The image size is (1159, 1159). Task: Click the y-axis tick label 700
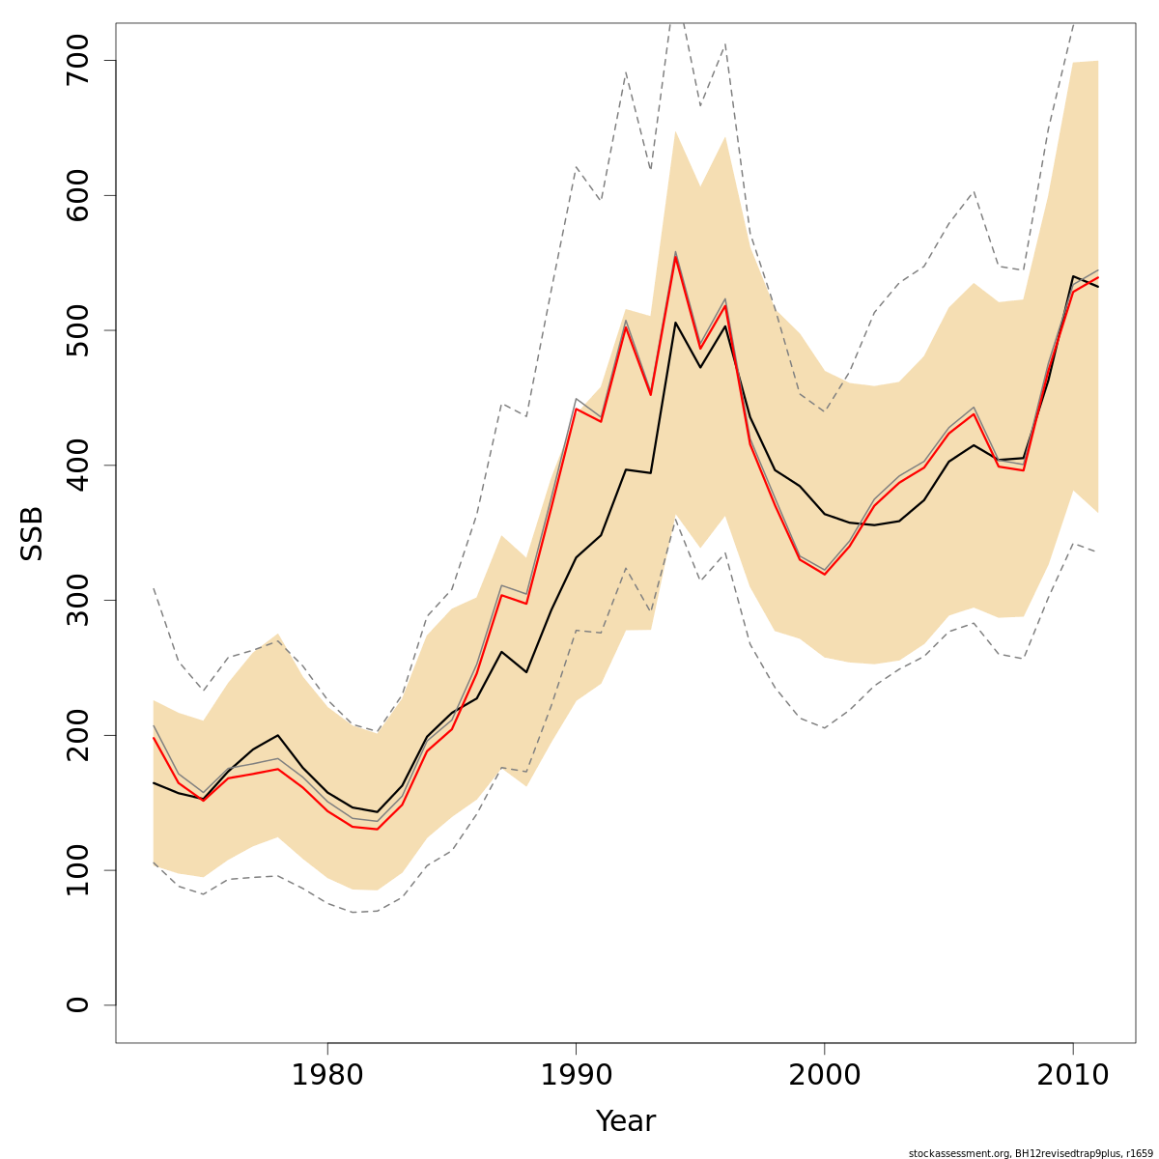tap(76, 60)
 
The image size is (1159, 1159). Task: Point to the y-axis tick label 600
tap(76, 195)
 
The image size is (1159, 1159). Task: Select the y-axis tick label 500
tap(76, 330)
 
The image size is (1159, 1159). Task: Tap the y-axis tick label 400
tap(76, 465)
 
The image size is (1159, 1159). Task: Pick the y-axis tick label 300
tap(76, 600)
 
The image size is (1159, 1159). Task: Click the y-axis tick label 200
tap(76, 735)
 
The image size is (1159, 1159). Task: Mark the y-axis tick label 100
tap(76, 870)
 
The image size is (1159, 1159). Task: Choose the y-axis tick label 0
tap(76, 1004)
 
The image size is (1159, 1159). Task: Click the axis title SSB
tap(32, 532)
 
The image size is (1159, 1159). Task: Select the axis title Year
tap(625, 1122)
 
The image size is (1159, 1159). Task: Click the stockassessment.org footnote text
tap(1030, 1153)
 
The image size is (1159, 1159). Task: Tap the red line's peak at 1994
tap(675, 257)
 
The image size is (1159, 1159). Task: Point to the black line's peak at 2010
tap(1073, 276)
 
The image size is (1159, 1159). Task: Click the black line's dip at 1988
tap(526, 672)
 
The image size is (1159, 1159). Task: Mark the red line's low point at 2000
tap(824, 575)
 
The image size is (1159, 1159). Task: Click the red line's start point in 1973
tap(154, 738)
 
